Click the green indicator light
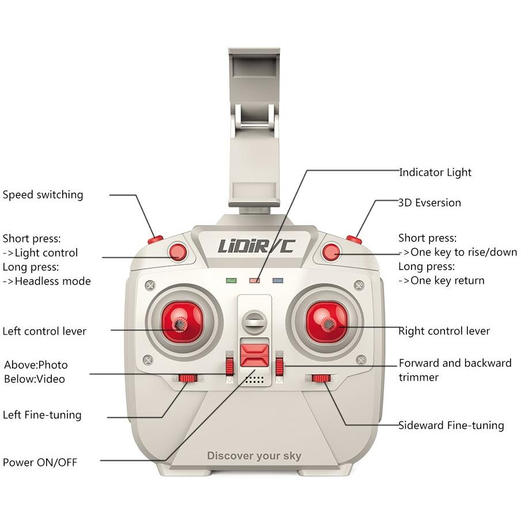point(231,281)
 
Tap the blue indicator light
point(278,281)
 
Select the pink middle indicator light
point(254,281)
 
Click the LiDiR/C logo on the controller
point(256,246)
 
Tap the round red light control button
point(177,252)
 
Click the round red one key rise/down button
point(331,252)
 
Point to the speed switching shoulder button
point(155,239)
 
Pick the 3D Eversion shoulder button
point(354,239)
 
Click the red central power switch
point(254,355)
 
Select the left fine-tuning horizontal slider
point(188,378)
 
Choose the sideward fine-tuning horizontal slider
point(321,378)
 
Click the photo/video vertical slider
point(230,366)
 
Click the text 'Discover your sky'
point(254,456)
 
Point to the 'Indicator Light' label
point(435,173)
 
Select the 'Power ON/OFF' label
point(40,462)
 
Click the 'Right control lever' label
point(444,331)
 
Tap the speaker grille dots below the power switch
point(254,380)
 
